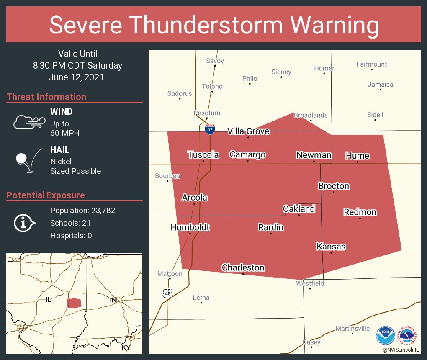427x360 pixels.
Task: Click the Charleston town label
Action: click(243, 267)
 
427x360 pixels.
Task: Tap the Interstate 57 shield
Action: click(210, 129)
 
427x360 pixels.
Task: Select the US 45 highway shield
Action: click(167, 293)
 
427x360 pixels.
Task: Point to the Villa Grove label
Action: click(248, 131)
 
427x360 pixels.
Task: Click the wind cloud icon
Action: click(29, 121)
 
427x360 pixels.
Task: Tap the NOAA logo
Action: click(386, 335)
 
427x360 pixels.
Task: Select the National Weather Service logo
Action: click(409, 335)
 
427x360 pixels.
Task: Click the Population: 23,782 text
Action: click(82, 211)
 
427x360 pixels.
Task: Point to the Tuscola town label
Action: click(203, 155)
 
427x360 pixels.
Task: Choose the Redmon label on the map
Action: click(360, 212)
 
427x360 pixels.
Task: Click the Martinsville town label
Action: click(352, 329)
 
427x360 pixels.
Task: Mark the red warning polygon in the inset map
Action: click(74, 303)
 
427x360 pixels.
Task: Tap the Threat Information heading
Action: click(46, 97)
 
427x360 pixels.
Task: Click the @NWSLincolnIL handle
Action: click(401, 350)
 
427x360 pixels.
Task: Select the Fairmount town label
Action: click(371, 64)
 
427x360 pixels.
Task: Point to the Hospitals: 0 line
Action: click(71, 236)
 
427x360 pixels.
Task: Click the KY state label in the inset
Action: click(126, 347)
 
